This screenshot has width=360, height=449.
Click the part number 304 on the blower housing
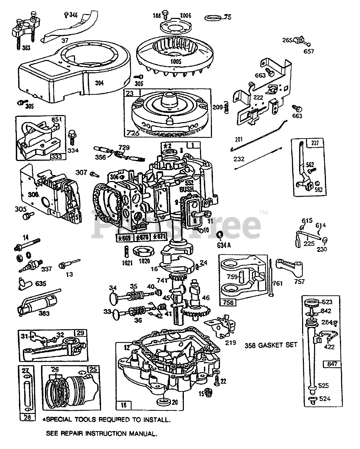[99, 83]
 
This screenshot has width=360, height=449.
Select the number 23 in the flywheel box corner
[130, 94]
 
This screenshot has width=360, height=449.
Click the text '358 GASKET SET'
[271, 345]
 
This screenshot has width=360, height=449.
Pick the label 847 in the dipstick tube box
[332, 364]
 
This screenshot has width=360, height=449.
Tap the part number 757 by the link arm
[299, 281]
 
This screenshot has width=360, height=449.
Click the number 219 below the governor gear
[231, 342]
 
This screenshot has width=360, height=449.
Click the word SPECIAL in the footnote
[59, 419]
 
